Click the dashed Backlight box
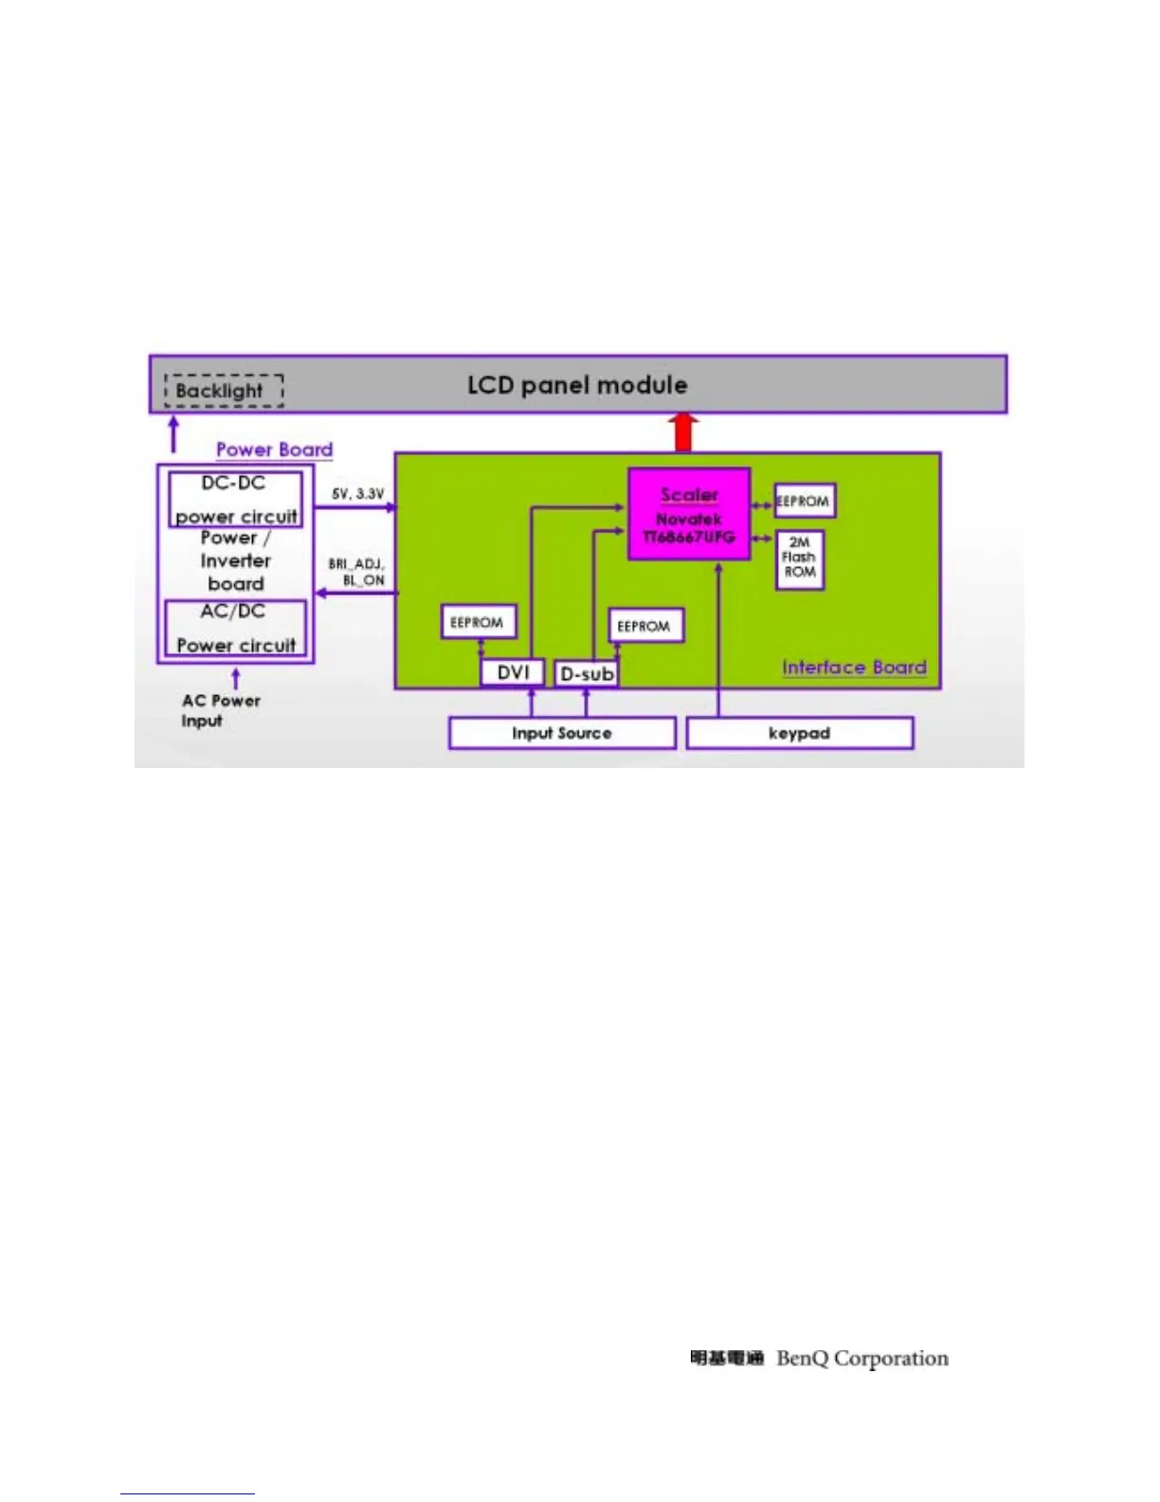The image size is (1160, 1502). click(224, 391)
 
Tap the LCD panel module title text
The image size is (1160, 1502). click(577, 385)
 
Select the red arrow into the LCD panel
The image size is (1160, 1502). click(683, 432)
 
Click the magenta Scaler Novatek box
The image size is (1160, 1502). click(689, 514)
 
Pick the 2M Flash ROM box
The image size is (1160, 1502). click(800, 559)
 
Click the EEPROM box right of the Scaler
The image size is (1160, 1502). click(805, 501)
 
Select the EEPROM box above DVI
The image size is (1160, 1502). click(479, 622)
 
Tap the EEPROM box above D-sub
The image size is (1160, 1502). click(644, 626)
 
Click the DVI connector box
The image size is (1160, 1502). click(513, 672)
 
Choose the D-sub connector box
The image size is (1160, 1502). click(587, 673)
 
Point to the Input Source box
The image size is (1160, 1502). click(562, 733)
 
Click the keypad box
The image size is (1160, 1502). click(800, 733)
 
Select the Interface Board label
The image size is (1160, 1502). click(854, 668)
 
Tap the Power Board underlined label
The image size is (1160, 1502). click(275, 449)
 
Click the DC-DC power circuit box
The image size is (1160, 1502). click(235, 499)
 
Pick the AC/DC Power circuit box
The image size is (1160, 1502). click(235, 628)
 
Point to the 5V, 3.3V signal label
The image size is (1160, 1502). click(357, 494)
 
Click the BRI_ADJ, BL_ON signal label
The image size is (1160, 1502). click(357, 572)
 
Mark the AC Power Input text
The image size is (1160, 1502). click(220, 710)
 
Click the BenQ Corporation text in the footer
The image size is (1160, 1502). click(862, 1359)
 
